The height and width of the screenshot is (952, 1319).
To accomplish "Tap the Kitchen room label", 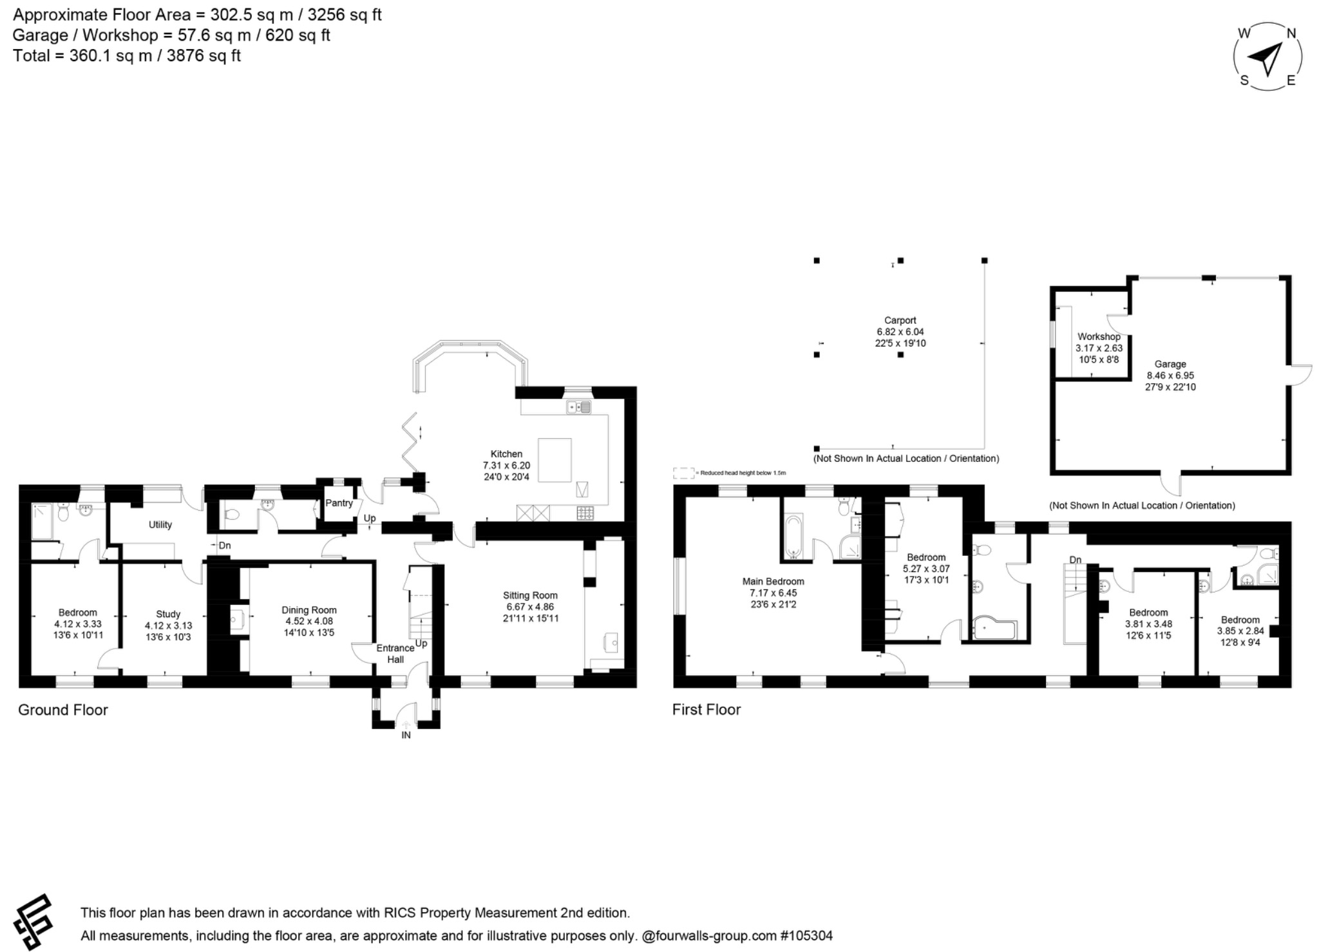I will point(506,453).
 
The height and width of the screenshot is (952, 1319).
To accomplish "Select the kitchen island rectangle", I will point(555,460).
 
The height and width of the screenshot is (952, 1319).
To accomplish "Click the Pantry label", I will point(339,503).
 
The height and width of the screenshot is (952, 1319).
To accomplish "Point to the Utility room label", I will point(160,524).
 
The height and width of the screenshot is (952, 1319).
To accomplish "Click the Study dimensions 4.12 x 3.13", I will point(168,625).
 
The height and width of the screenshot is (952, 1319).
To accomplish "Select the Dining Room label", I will point(309,610).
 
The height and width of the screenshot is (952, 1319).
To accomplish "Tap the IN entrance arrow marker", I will point(406,725).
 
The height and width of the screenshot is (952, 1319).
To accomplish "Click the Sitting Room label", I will point(530,595).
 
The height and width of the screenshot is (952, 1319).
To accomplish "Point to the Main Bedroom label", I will point(773,581).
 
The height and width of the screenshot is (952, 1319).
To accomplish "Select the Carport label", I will point(900,320).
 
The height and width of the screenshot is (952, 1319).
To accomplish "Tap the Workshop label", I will point(1099,336).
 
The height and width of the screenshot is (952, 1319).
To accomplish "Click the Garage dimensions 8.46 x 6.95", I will point(1170,376).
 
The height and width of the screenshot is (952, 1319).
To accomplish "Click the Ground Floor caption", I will point(62,710).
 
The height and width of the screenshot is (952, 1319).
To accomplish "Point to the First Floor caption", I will point(706,709).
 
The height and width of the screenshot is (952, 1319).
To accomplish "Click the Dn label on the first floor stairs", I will point(1075,560).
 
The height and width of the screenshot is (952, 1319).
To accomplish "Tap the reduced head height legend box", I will point(683,473).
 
